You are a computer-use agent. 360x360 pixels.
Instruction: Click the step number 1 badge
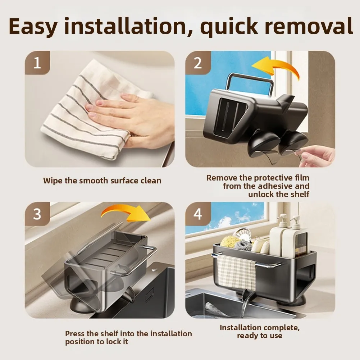click(37, 63)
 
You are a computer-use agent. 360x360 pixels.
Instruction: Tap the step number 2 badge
click(198, 63)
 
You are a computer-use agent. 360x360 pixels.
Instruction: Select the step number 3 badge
click(37, 214)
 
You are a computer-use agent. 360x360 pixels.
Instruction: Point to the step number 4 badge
click(198, 214)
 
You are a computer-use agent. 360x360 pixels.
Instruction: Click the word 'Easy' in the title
click(33, 26)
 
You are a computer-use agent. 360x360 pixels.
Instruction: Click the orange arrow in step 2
click(275, 67)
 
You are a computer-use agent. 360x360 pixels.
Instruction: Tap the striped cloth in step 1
click(92, 110)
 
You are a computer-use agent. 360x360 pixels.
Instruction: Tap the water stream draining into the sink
click(245, 303)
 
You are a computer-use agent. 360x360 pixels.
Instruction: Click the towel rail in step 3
click(136, 262)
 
